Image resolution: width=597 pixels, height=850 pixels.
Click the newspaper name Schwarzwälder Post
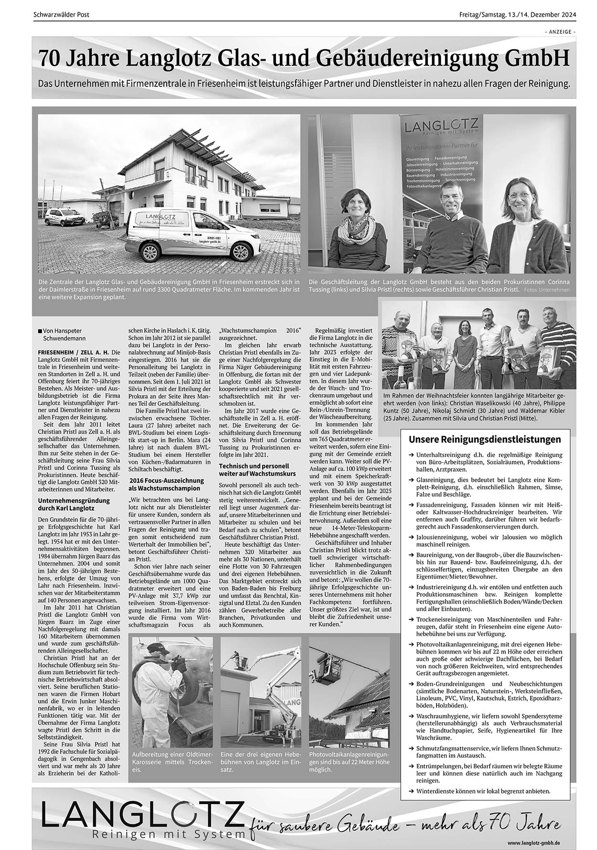[x=62, y=15]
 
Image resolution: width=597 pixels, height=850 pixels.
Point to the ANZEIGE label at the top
[x=560, y=32]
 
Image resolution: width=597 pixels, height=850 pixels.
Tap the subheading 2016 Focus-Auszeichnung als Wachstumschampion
[x=165, y=485]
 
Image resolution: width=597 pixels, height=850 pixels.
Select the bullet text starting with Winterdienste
[x=483, y=791]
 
